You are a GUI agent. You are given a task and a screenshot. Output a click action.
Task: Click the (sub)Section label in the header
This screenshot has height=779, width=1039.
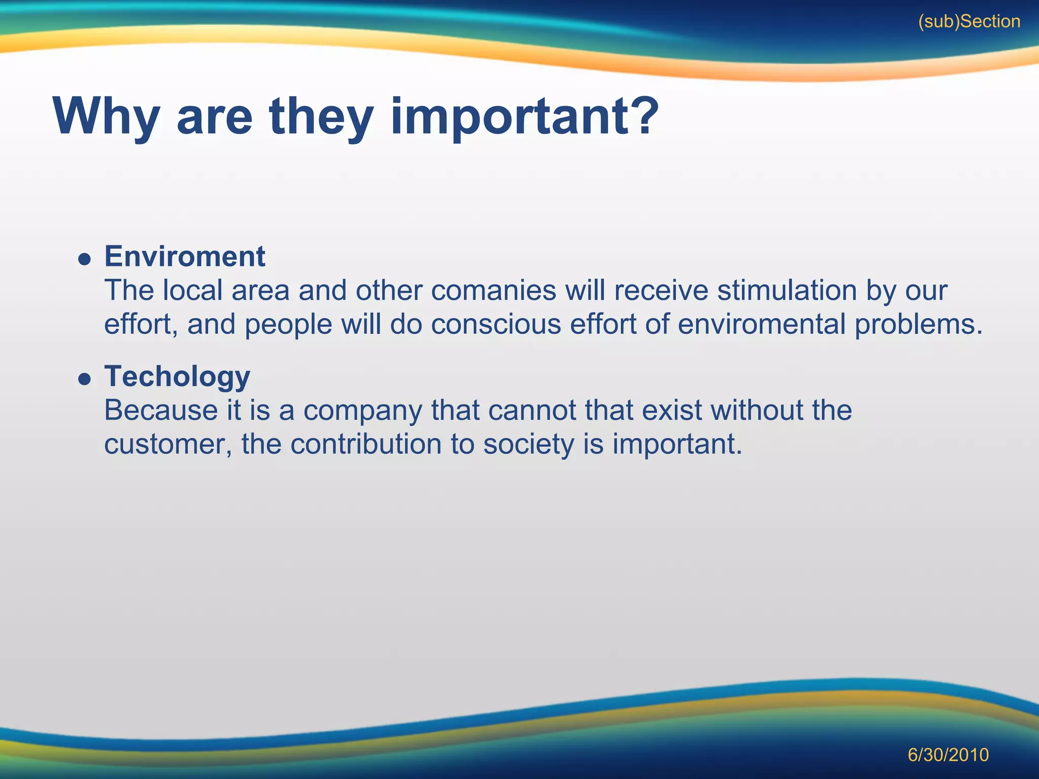(x=969, y=22)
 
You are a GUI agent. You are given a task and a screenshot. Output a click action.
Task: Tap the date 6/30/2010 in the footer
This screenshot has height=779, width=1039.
(x=948, y=755)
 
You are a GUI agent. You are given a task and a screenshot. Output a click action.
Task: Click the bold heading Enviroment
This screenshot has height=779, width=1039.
(x=185, y=256)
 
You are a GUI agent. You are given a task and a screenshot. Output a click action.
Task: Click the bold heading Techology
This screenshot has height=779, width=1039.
(x=177, y=376)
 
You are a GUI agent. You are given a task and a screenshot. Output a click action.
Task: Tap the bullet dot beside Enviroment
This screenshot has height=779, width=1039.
(x=85, y=260)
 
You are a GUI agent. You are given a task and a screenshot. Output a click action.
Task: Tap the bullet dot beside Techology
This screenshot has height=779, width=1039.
(x=85, y=379)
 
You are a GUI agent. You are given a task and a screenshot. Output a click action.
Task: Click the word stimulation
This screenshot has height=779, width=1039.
(x=787, y=291)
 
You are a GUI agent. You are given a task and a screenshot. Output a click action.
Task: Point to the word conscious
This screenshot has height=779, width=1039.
(x=496, y=324)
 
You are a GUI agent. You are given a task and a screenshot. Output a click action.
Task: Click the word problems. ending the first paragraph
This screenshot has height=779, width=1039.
(x=919, y=325)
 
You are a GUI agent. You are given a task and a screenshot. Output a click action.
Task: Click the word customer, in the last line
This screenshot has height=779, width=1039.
(x=168, y=444)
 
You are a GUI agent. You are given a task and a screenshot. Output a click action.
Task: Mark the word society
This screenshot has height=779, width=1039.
(x=528, y=444)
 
